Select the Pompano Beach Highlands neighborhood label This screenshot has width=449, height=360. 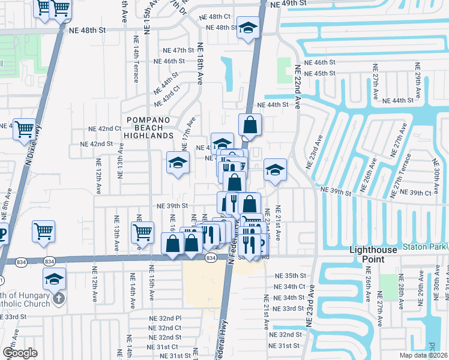pos(149,131)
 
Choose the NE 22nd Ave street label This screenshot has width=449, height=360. pos(297,80)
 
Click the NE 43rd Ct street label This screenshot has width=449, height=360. pos(170,95)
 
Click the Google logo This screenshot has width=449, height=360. pos(20,352)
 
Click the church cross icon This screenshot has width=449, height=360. pos(58,298)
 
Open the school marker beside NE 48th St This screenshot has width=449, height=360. pos(247,29)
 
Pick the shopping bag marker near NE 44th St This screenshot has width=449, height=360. pos(250,125)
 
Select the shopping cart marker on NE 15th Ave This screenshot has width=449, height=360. pos(142,232)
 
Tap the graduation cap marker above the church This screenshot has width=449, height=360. pos(54,279)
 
